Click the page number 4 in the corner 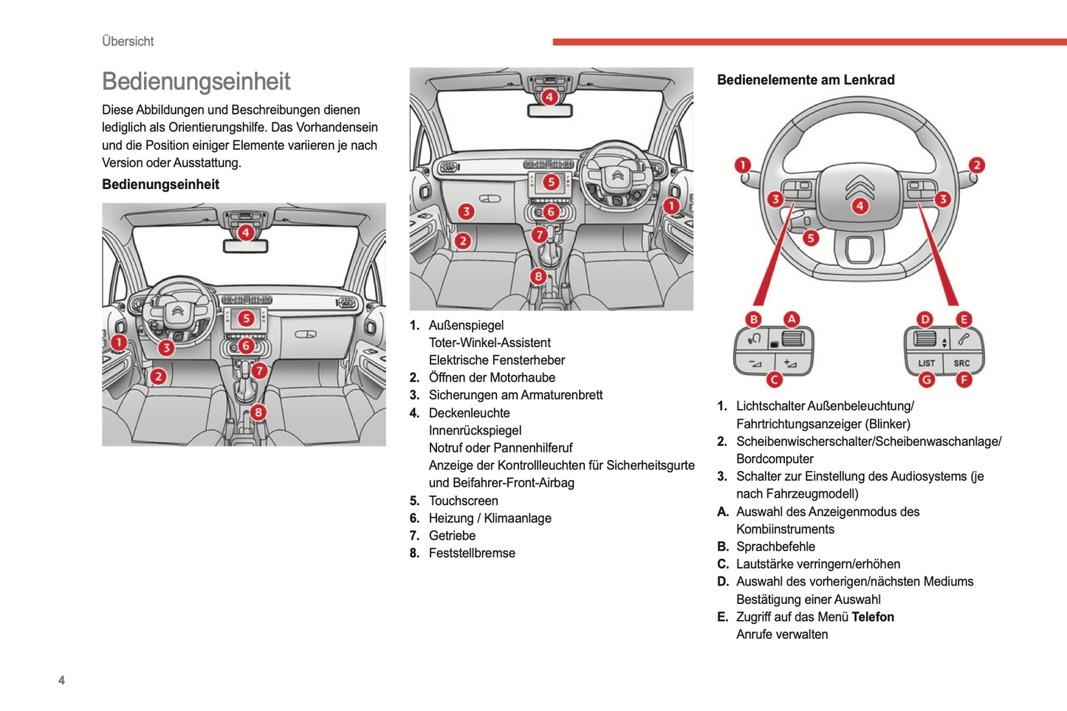tap(61, 680)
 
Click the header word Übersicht tap(128, 41)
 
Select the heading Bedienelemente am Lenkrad tap(806, 80)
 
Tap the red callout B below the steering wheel tap(753, 319)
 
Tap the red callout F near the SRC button tap(964, 380)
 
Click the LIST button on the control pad tap(926, 363)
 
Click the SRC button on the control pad tap(961, 363)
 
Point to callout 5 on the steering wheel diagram tap(811, 238)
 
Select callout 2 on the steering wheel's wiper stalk tap(976, 165)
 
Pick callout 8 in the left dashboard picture tap(258, 412)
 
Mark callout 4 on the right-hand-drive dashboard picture tap(549, 97)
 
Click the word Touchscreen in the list tap(463, 501)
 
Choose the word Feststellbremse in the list tap(472, 553)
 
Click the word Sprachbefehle tap(775, 546)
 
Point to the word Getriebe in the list tap(452, 535)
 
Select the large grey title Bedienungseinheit tap(196, 81)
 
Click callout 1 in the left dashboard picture tap(119, 342)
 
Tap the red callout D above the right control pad tap(924, 319)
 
